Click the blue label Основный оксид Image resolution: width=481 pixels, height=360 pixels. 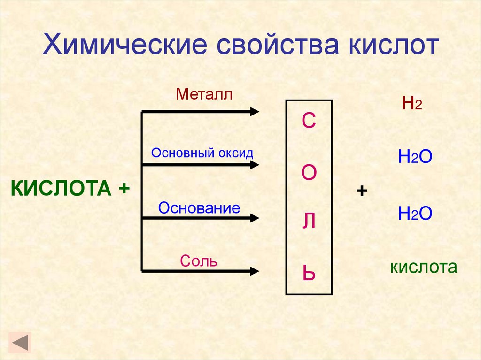point(202,153)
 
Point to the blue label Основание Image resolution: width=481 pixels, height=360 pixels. point(199,208)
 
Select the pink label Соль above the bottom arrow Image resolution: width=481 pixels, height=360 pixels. point(199,261)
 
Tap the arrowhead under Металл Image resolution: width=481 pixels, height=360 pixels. point(255,111)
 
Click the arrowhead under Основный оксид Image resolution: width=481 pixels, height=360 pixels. point(255,165)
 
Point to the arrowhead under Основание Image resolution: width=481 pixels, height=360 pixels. point(255,218)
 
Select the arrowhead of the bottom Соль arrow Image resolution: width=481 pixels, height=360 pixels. point(255,271)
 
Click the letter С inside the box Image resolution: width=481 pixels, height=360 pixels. point(309,122)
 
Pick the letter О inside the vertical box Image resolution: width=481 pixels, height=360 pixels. point(309,173)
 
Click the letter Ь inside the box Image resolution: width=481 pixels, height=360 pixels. point(309,273)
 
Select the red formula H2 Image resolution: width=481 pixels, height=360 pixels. point(412,103)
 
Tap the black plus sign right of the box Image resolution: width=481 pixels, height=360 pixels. point(362,191)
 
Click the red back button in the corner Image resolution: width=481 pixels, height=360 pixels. point(20,342)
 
